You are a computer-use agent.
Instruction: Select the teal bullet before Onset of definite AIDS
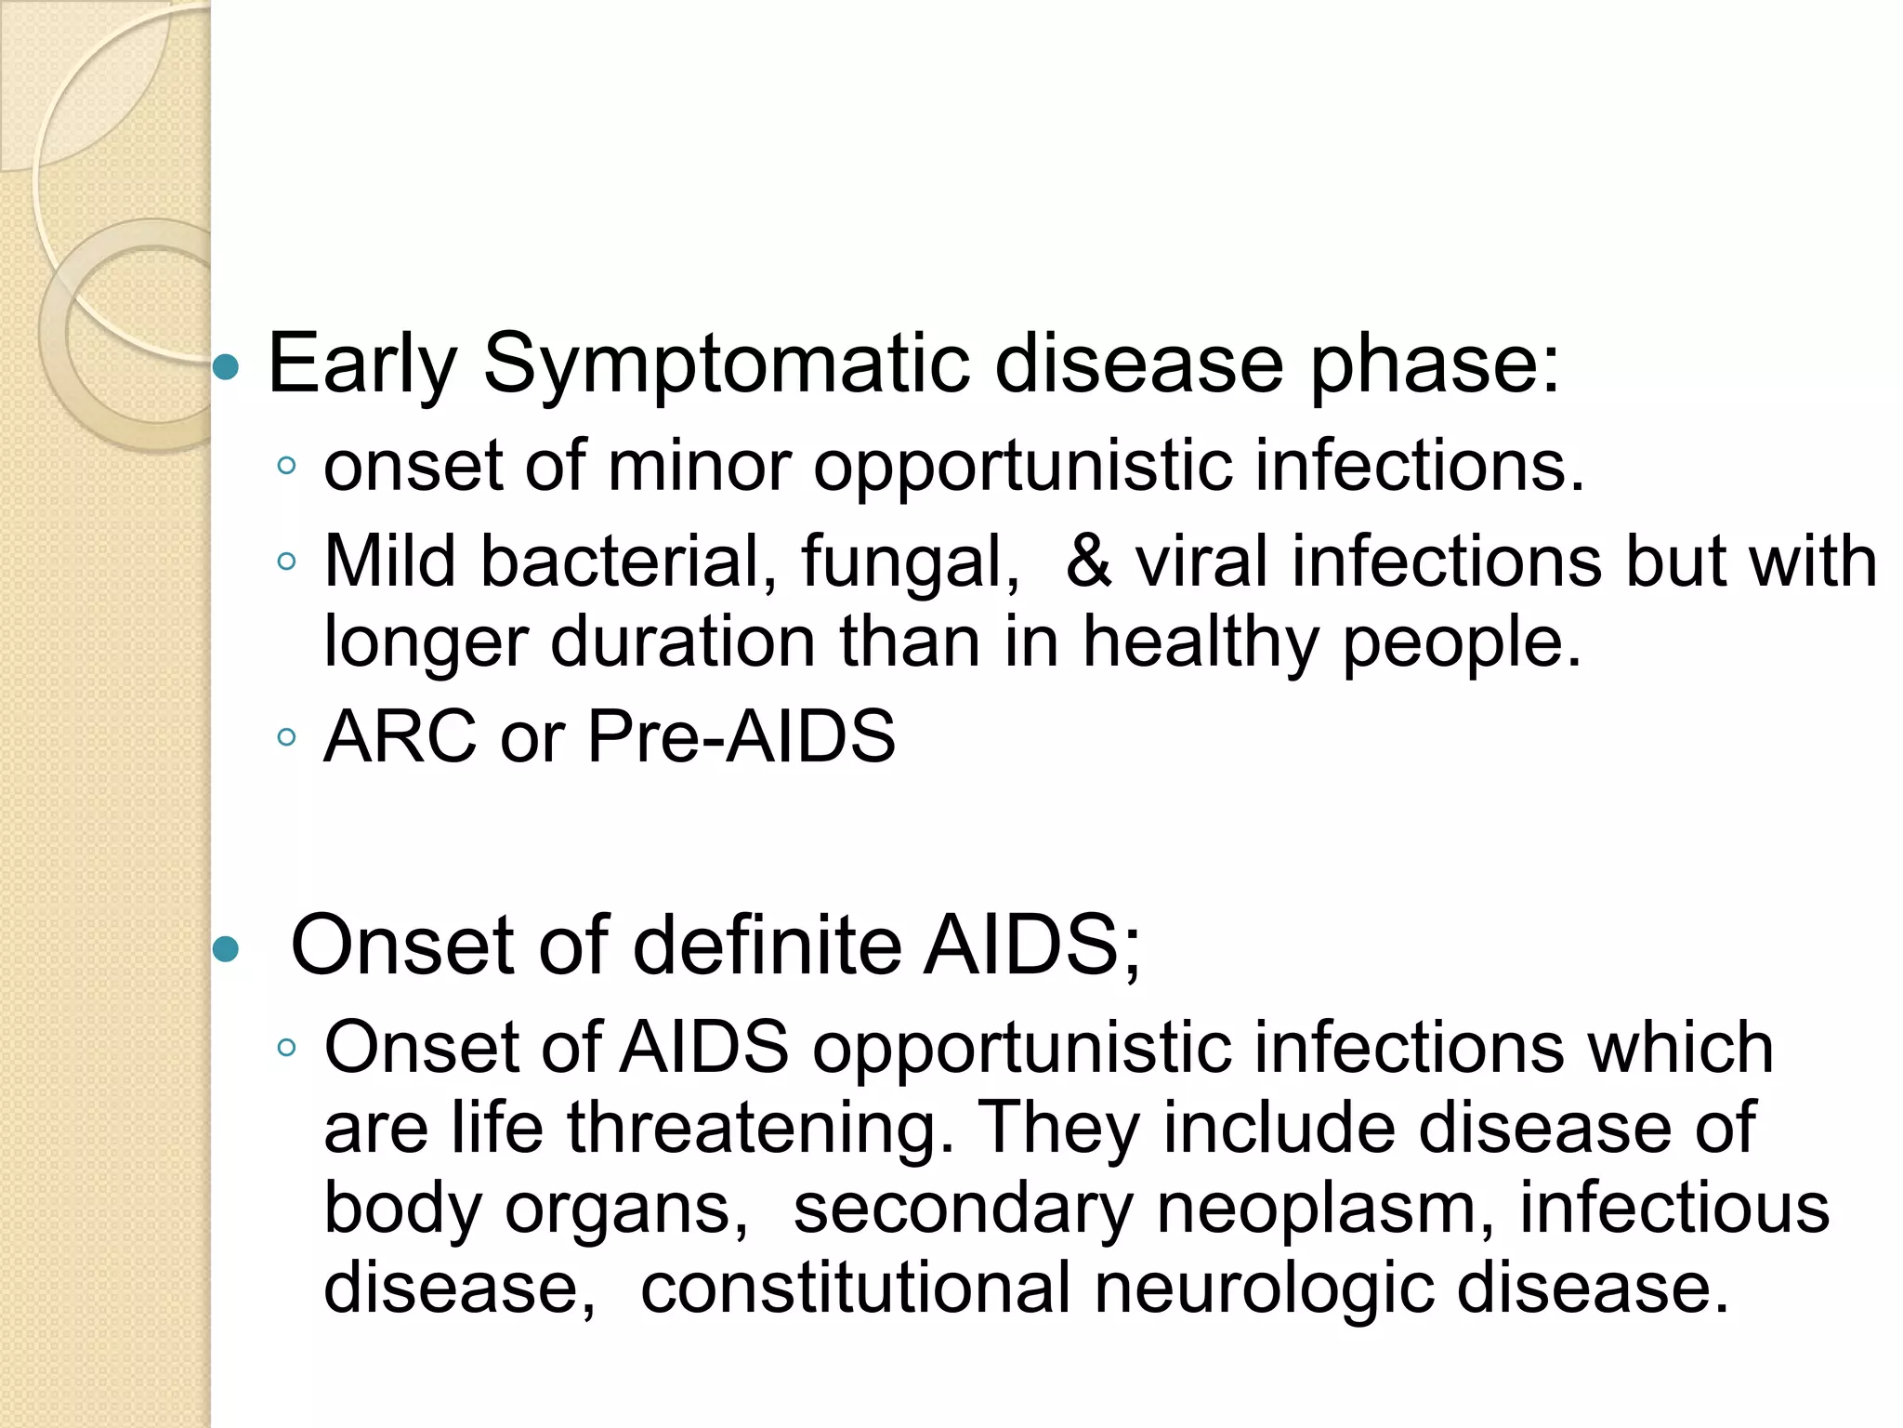(226, 950)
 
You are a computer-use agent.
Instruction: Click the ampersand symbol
(1088, 562)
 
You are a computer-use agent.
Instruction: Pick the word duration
(683, 641)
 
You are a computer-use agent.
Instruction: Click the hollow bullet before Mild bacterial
(287, 562)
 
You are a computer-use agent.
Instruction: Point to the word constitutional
(856, 1289)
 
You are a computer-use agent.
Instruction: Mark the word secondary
(963, 1209)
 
